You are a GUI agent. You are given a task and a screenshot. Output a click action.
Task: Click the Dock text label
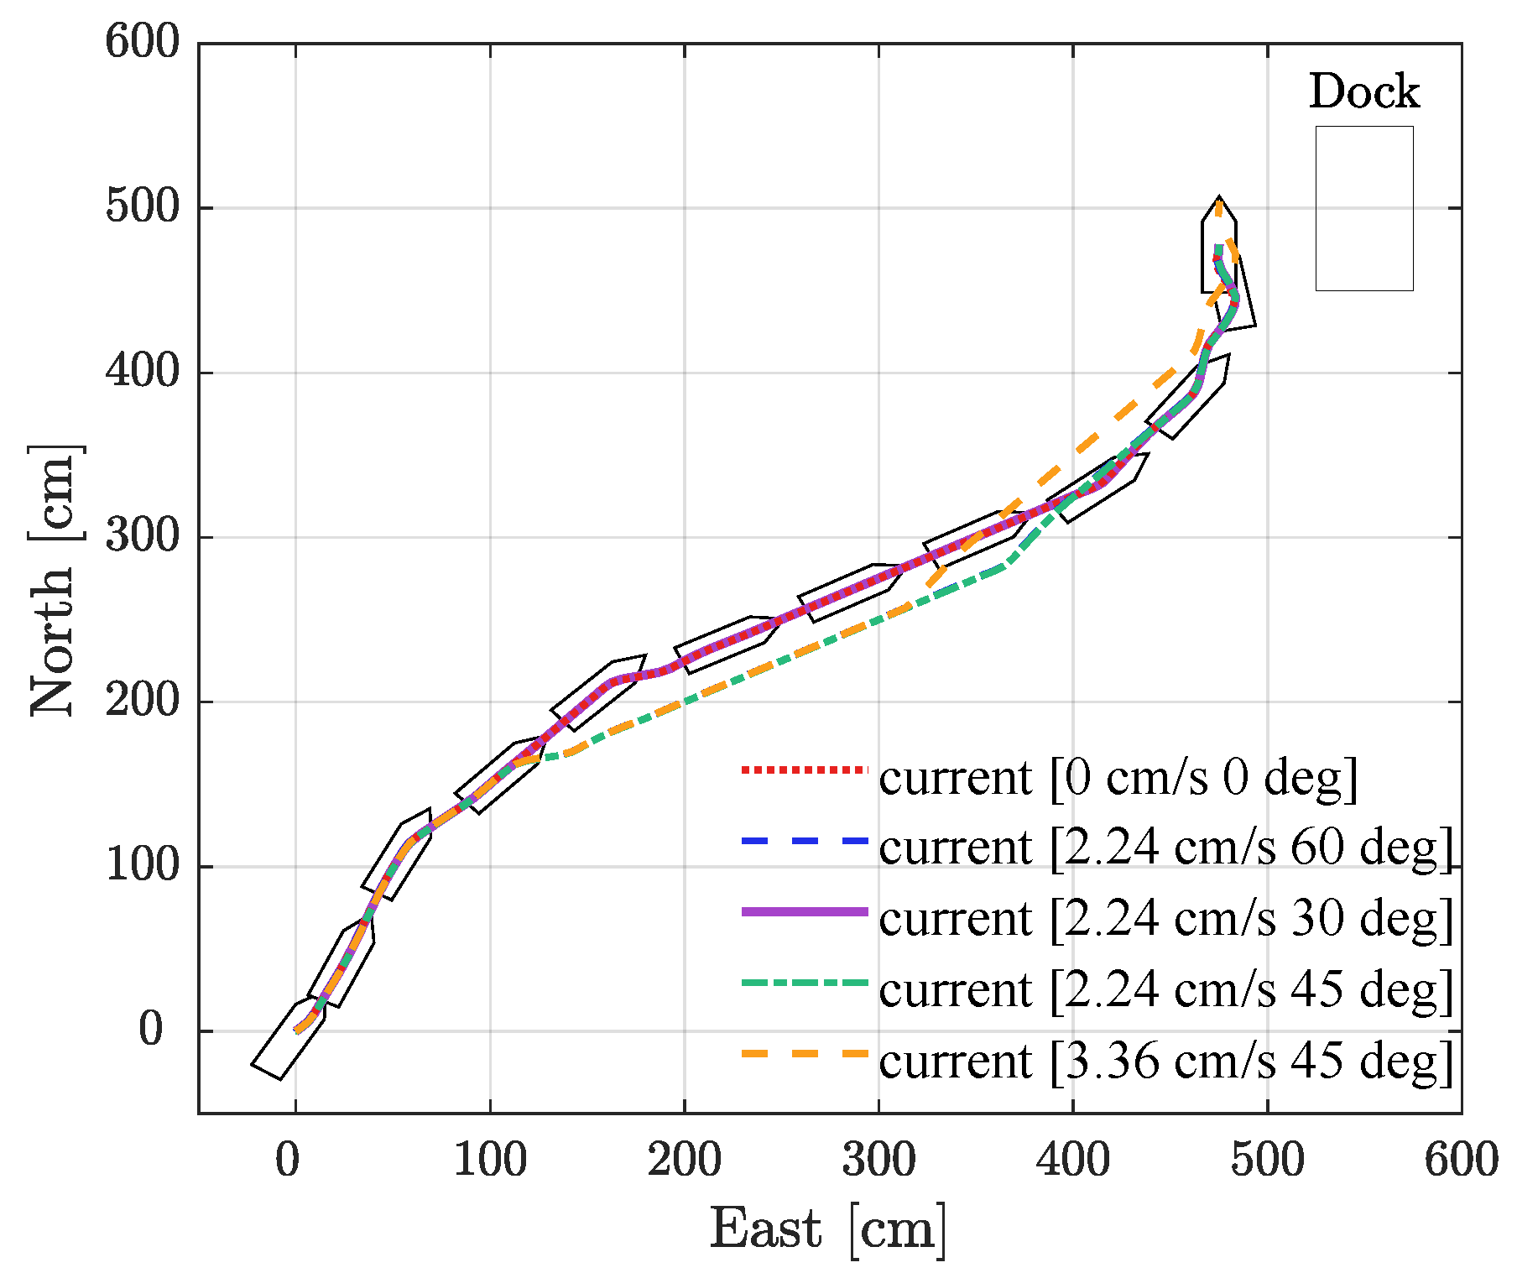1363,92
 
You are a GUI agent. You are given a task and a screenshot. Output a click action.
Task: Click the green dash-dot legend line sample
805,983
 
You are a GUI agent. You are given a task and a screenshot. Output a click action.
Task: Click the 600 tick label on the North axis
143,42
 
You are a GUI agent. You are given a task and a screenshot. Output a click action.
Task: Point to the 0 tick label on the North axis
151,1030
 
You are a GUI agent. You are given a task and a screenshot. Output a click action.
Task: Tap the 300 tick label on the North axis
143,536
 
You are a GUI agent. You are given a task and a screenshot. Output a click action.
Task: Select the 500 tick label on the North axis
143,206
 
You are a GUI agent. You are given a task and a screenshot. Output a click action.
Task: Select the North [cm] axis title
55,579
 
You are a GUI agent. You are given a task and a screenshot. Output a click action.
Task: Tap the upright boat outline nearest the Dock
1218,248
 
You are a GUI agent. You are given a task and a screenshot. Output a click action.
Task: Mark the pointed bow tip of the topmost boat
1219,198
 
